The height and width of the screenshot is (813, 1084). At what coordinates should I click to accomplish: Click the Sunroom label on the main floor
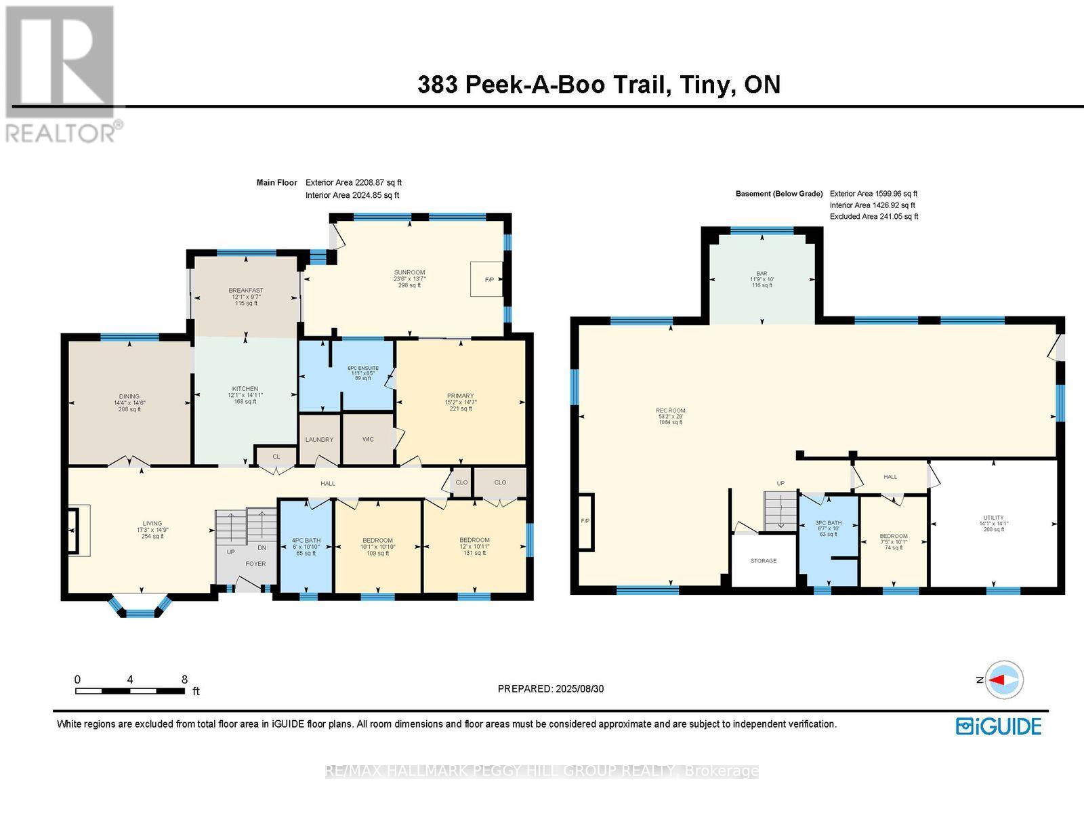pyautogui.click(x=409, y=272)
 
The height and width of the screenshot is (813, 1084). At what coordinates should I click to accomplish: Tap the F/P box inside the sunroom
pyautogui.click(x=487, y=278)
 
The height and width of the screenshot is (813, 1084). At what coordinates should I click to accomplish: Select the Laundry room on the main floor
pyautogui.click(x=319, y=439)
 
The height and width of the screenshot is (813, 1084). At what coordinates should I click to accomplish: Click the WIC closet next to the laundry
pyautogui.click(x=368, y=439)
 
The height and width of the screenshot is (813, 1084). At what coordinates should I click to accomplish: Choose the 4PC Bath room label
pyautogui.click(x=306, y=541)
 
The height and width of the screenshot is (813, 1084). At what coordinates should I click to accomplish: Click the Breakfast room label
pyautogui.click(x=245, y=291)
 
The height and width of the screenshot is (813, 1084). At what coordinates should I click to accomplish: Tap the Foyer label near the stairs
pyautogui.click(x=255, y=564)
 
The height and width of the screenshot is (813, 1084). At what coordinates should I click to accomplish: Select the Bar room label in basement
pyautogui.click(x=762, y=273)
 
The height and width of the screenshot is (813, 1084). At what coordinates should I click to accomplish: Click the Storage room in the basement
pyautogui.click(x=764, y=561)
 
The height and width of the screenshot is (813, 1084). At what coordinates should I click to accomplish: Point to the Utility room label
pyautogui.click(x=994, y=518)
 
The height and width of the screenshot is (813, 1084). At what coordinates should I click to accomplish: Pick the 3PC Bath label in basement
pyautogui.click(x=829, y=523)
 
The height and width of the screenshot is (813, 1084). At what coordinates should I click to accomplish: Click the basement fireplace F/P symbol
pyautogui.click(x=585, y=521)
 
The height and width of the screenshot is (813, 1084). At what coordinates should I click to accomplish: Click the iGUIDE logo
pyautogui.click(x=999, y=726)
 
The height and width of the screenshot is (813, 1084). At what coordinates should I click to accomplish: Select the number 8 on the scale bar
pyautogui.click(x=184, y=680)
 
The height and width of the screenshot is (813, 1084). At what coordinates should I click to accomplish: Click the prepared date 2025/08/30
pyautogui.click(x=579, y=688)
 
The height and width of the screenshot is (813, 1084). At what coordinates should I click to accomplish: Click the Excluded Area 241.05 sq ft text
pyautogui.click(x=874, y=217)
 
